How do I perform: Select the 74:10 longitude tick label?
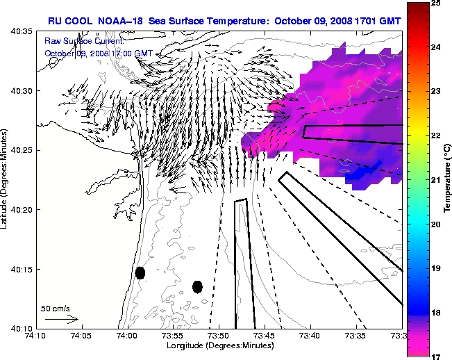point(35,336)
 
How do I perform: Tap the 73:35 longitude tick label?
point(356,336)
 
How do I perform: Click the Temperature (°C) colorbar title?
point(448,179)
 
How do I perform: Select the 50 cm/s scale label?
point(55,308)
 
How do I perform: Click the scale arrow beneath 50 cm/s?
point(61,319)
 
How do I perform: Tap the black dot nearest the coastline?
point(140,272)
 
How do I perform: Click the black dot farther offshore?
point(197,286)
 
